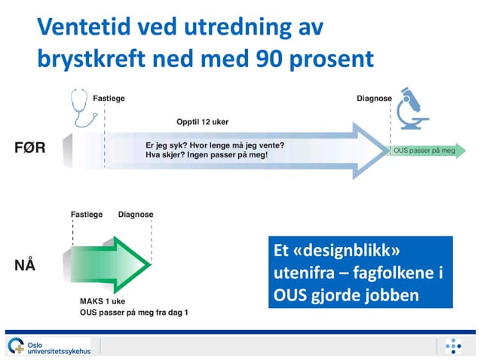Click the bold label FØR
[30, 148]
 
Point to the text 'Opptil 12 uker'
[202, 121]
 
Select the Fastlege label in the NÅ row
[87, 215]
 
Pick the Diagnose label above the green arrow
[136, 215]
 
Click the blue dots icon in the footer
[452, 346]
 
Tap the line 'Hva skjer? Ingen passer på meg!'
[207, 154]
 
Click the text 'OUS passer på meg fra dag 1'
[133, 312]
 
